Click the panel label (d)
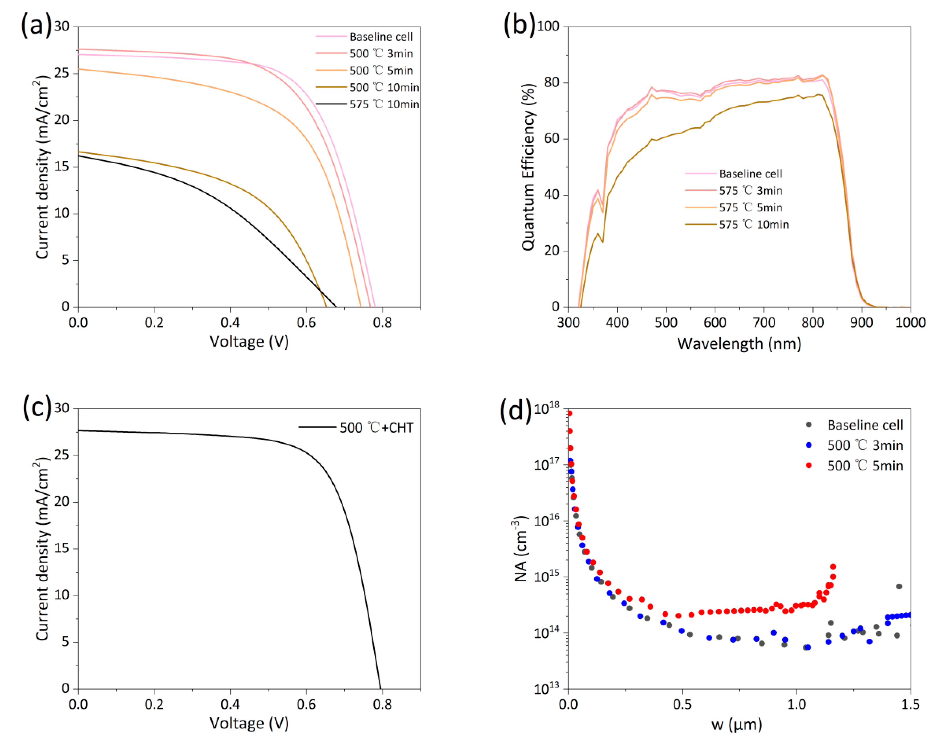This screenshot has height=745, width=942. coord(515,410)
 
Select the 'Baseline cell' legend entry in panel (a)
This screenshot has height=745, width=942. coord(381,37)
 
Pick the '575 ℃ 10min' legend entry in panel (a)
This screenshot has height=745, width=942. coord(384,104)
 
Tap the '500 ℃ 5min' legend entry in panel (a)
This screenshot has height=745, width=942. coord(381,71)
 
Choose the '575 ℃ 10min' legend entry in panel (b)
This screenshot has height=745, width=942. coord(753,225)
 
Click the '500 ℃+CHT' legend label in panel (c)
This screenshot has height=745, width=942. coord(376,428)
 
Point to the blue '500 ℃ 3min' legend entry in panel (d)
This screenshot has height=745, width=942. coord(865,445)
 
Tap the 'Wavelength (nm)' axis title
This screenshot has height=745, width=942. coord(739,344)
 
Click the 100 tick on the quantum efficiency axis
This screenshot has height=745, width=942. coord(548,26)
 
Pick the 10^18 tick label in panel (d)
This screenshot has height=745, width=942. coord(546,409)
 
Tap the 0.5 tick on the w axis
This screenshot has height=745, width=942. coord(682,704)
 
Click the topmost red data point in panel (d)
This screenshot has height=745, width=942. coord(569,413)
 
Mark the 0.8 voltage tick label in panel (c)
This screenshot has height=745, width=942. coord(383,704)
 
